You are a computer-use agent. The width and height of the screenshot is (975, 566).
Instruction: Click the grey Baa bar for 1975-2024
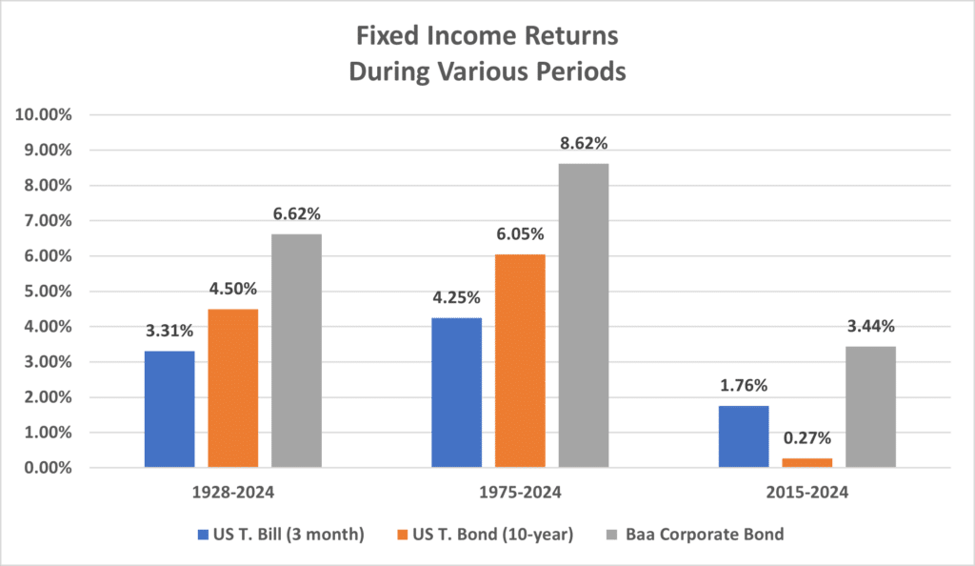[584, 315]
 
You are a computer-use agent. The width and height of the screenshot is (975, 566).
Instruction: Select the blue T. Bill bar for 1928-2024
[169, 409]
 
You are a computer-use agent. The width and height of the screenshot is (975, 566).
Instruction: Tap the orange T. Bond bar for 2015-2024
[806, 463]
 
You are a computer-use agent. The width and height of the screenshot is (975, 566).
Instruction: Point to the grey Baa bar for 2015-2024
[870, 407]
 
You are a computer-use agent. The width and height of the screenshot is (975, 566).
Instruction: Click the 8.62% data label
[584, 144]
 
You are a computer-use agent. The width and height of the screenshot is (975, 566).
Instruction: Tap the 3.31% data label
[169, 332]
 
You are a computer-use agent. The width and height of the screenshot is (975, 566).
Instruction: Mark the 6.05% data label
[520, 234]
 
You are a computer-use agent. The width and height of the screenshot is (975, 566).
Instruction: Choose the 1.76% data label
[744, 386]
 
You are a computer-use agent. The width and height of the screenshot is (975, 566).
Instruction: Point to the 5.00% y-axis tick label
[50, 292]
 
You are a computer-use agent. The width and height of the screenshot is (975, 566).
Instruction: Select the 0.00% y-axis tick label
[50, 468]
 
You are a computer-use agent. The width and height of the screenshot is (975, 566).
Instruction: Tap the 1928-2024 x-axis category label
[233, 494]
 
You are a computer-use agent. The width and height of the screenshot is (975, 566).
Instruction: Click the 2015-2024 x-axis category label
[806, 494]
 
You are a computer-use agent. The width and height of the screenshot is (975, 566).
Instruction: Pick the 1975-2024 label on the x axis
[520, 494]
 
